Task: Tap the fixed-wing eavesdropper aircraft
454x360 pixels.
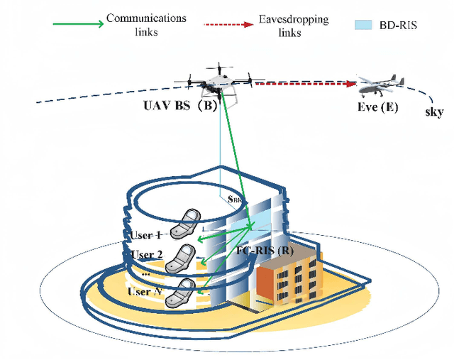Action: click(x=383, y=87)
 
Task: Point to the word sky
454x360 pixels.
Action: click(x=435, y=112)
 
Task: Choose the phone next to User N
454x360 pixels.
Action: click(x=182, y=293)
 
